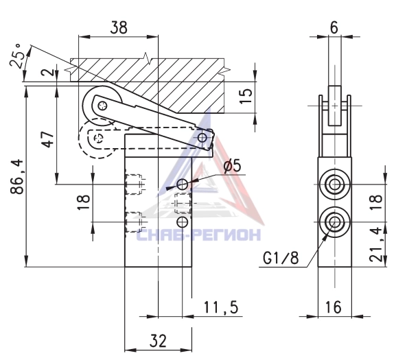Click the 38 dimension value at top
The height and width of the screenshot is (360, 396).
point(119,27)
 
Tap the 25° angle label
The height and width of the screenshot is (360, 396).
point(16,56)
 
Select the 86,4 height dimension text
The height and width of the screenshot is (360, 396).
point(17,176)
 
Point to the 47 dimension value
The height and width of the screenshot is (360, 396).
point(48,139)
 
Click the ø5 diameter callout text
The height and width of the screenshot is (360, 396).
point(233,166)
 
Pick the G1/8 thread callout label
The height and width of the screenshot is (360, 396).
point(281,258)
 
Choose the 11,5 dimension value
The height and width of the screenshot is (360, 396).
point(221,307)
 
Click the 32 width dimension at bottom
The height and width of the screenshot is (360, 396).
point(158,341)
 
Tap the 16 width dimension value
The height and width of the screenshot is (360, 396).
point(334,307)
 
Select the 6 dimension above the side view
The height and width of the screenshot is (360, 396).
point(334,27)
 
